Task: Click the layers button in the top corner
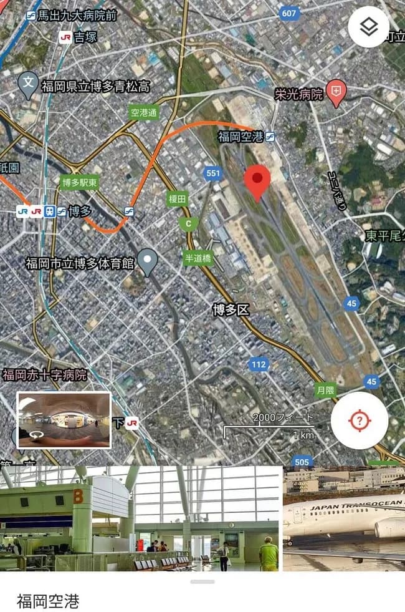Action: [x=368, y=27]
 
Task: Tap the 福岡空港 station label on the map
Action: [x=242, y=136]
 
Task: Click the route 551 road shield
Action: [x=213, y=173]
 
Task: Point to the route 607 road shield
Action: [x=289, y=13]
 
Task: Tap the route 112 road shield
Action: [x=258, y=364]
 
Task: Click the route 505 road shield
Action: [x=302, y=462]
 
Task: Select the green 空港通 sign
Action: [x=144, y=113]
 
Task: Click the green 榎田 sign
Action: [x=178, y=199]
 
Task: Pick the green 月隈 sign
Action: [x=325, y=391]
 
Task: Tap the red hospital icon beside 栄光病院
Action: [x=336, y=94]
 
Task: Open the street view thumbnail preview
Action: [x=64, y=420]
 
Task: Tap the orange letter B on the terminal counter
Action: [x=79, y=497]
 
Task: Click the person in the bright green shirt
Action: [x=269, y=553]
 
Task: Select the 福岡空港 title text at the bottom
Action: [x=47, y=601]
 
